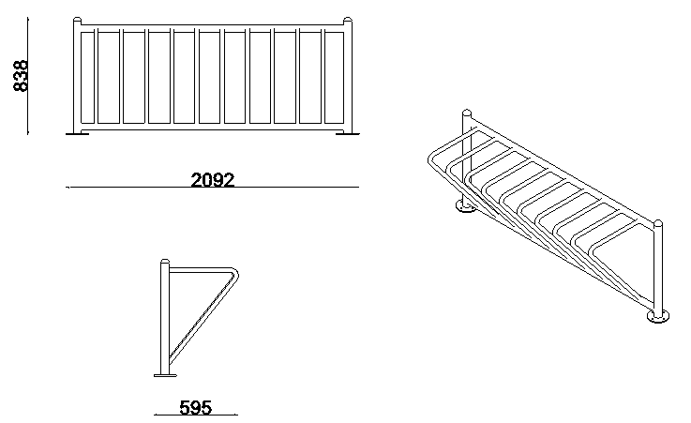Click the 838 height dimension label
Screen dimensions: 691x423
tap(22, 76)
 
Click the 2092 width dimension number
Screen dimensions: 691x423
tap(213, 180)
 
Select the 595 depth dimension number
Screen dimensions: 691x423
tap(195, 408)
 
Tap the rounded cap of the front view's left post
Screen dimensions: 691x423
tap(77, 21)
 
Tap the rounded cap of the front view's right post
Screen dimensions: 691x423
tap(348, 21)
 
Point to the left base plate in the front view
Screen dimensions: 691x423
tap(78, 132)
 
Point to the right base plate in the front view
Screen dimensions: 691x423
tap(348, 132)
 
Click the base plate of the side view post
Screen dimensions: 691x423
tap(165, 375)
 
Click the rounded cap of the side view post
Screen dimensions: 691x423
tap(165, 263)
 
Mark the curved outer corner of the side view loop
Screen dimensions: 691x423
tap(235, 272)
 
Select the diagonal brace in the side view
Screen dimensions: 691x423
tap(203, 317)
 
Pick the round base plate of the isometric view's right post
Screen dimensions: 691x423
tap(658, 316)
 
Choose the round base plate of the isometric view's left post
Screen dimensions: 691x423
tap(466, 205)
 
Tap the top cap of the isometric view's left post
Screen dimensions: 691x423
tap(467, 113)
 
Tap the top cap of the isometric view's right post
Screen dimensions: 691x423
tap(658, 224)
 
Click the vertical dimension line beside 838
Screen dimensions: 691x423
tap(27, 76)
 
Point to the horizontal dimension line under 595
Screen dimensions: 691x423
tap(196, 415)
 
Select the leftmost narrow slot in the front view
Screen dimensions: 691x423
tap(88, 78)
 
